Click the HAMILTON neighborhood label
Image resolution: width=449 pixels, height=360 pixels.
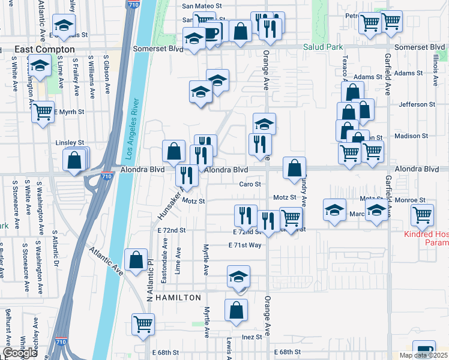click(178, 297)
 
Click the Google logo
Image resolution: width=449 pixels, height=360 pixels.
click(20, 352)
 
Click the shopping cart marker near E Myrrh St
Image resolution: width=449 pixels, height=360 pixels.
click(43, 111)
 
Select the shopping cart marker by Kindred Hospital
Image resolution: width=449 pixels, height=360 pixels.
click(423, 214)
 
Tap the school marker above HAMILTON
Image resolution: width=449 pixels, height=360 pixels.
click(239, 277)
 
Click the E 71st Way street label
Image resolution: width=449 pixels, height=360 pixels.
click(245, 245)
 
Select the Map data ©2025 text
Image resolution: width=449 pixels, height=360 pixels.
click(422, 355)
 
